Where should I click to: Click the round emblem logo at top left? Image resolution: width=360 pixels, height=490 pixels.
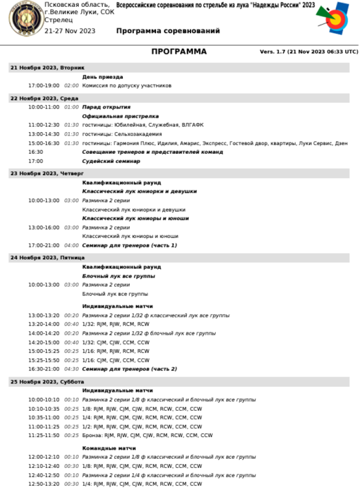(25, 18)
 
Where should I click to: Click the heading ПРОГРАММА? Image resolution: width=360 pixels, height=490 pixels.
(179, 52)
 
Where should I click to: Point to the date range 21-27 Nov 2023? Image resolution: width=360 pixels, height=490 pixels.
(70, 31)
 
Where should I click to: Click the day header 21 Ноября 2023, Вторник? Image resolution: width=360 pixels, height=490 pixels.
(47, 68)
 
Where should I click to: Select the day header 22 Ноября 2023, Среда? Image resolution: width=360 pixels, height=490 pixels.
(44, 98)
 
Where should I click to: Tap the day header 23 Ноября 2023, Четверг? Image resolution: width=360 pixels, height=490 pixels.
(47, 173)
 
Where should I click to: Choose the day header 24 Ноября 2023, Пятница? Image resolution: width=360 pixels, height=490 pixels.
(47, 258)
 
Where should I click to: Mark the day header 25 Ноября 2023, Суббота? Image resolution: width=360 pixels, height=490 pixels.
(47, 382)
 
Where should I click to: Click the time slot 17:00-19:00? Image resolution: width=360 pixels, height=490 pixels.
(44, 86)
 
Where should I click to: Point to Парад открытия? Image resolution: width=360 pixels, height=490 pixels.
(106, 107)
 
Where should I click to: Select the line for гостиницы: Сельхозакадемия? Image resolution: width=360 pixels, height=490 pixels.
(122, 134)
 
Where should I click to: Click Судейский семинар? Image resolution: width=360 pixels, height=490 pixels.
(111, 161)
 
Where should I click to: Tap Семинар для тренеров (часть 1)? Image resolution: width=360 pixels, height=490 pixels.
(129, 245)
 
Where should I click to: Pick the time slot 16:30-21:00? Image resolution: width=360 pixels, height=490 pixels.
(44, 369)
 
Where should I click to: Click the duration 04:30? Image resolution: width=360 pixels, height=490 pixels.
(72, 369)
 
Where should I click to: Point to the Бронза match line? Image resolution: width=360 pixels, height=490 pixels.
(147, 436)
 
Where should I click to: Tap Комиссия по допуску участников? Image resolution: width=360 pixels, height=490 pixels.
(127, 86)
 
